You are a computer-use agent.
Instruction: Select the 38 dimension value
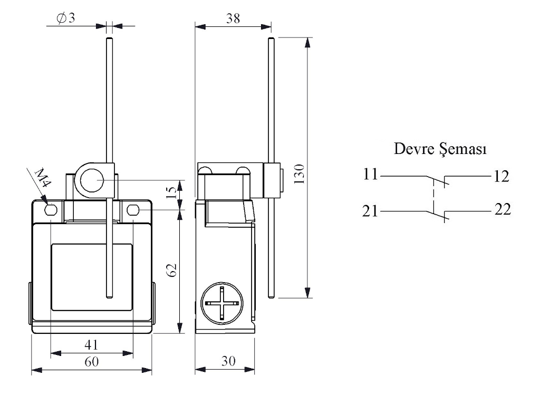[233, 18]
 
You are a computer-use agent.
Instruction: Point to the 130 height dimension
[300, 173]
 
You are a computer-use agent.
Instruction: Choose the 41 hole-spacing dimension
[91, 345]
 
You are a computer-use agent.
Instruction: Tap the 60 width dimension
[91, 362]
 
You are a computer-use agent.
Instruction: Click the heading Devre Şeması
[441, 149]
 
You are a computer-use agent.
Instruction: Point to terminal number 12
[502, 176]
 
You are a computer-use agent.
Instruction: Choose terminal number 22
[502, 210]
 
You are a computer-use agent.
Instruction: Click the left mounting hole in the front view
[51, 211]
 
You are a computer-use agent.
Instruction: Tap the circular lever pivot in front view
[93, 181]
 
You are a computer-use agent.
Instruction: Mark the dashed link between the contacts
[435, 195]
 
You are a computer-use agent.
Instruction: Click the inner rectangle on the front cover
[91, 277]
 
